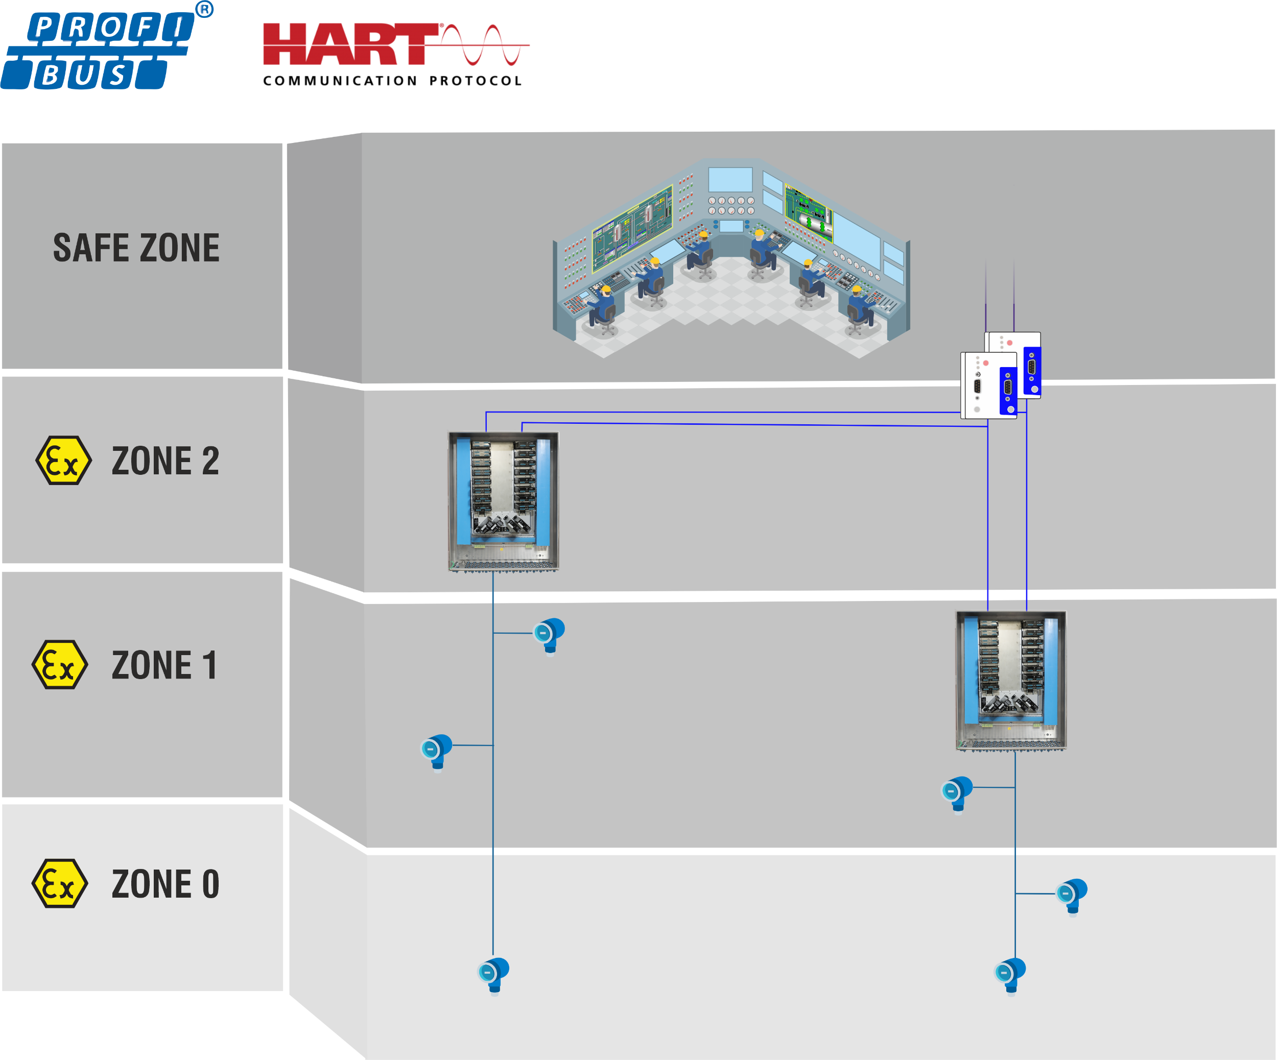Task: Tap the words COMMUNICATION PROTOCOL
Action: pos(392,81)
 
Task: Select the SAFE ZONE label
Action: pos(136,248)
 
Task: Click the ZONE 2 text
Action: pos(165,461)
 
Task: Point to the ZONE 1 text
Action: pos(164,665)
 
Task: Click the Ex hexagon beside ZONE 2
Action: pos(64,460)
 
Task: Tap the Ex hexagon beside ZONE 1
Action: pos(60,664)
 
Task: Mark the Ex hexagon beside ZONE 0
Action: pos(60,883)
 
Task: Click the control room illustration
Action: pos(731,258)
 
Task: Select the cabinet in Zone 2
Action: pos(504,501)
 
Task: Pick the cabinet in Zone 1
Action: pos(1011,681)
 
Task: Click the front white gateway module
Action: pos(989,386)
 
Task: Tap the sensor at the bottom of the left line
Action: pos(494,976)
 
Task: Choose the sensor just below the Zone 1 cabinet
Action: pos(957,794)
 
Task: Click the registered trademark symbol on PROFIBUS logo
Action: pos(204,10)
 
